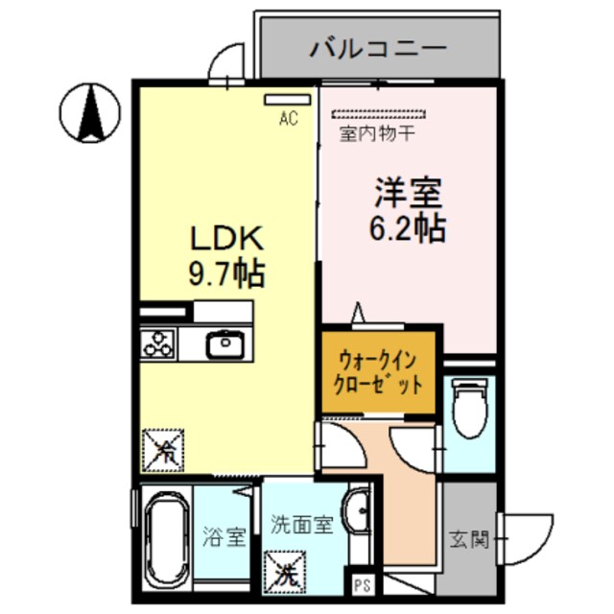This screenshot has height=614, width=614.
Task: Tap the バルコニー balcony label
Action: click(378, 48)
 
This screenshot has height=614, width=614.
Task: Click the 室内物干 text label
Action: click(376, 134)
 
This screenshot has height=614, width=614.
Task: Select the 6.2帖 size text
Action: click(408, 228)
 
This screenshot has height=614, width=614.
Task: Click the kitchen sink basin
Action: click(225, 342)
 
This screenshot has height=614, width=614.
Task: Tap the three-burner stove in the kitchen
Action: click(158, 342)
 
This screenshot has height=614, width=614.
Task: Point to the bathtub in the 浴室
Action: click(164, 543)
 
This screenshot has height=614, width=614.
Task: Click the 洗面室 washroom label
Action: click(301, 525)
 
